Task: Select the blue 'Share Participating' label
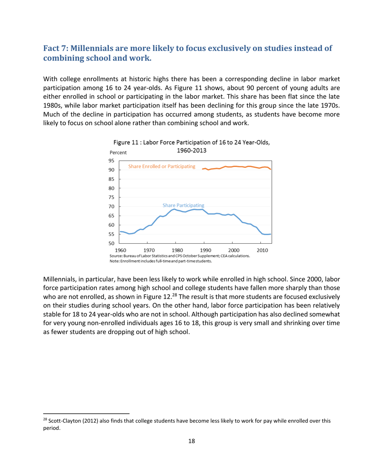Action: pos(183,205)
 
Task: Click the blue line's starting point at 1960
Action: pos(120,231)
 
